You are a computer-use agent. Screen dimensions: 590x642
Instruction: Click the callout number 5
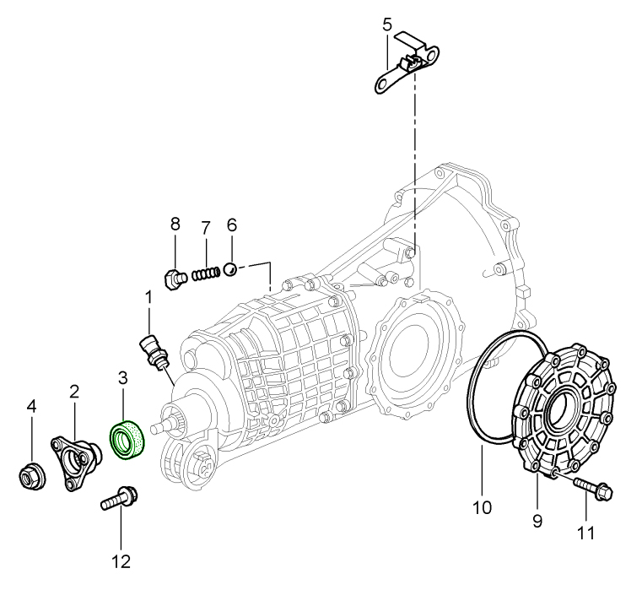click(386, 24)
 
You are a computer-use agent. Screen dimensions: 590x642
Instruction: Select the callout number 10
click(481, 508)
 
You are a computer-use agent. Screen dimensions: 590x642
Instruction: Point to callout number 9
click(537, 521)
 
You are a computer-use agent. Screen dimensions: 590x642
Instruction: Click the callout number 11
click(585, 533)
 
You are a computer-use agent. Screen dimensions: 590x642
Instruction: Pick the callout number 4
click(31, 407)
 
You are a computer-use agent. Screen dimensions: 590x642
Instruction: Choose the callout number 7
click(204, 227)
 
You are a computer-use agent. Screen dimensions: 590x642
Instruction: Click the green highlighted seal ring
click(127, 440)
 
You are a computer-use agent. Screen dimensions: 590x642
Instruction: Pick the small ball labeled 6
click(229, 269)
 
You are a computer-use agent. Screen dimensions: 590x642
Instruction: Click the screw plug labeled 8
click(173, 278)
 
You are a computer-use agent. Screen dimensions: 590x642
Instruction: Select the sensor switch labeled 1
click(152, 349)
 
